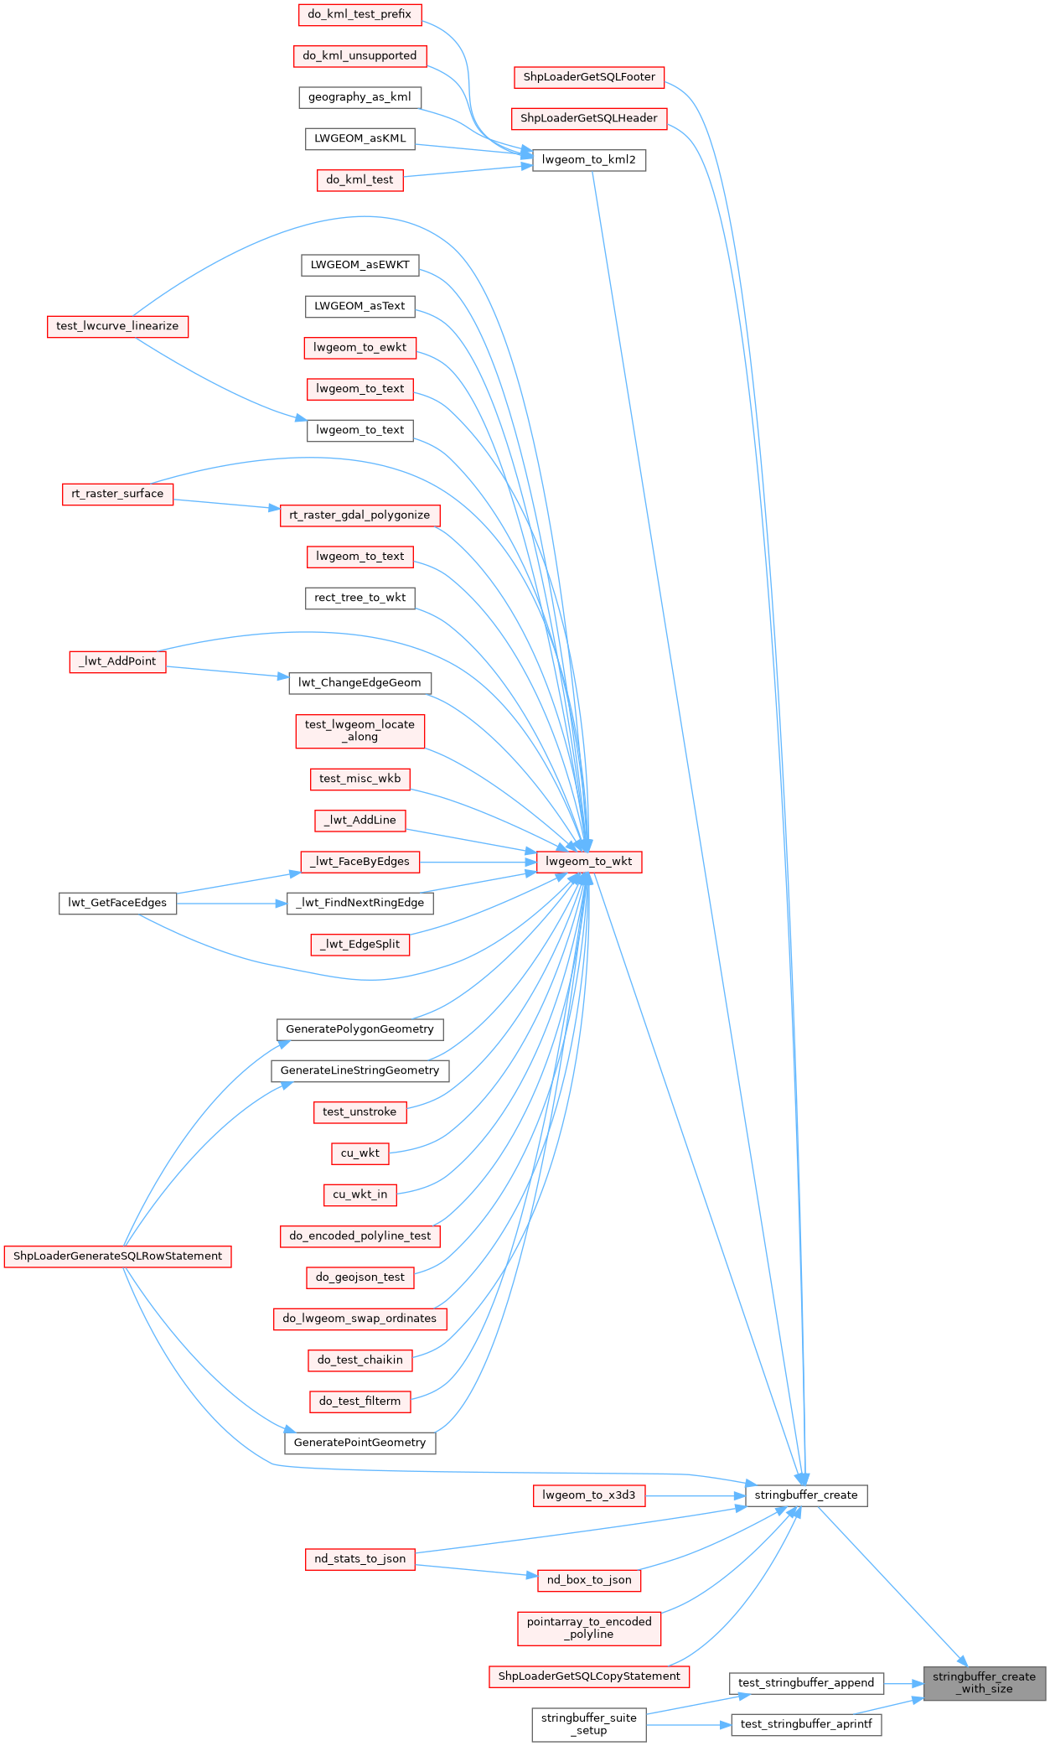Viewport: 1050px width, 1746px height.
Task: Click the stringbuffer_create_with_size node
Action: [984, 1682]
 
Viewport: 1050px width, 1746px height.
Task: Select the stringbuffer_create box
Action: [805, 1495]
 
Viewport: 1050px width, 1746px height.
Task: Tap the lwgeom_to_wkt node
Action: [588, 861]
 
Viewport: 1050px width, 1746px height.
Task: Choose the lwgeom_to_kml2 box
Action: [588, 159]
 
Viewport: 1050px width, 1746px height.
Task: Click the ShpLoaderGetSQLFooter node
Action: [589, 77]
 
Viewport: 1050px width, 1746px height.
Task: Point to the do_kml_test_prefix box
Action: [359, 14]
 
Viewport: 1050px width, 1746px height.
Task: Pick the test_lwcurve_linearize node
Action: [117, 326]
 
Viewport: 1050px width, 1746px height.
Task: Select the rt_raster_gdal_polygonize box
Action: [359, 515]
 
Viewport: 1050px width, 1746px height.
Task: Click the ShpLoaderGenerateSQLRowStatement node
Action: [117, 1256]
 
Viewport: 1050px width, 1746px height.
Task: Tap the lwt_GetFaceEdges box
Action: [117, 903]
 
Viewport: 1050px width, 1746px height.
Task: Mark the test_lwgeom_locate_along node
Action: [359, 730]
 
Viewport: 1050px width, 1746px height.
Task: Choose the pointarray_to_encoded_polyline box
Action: [588, 1628]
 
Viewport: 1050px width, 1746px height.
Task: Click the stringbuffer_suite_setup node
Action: [588, 1723]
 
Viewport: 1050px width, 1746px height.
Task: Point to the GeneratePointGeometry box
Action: [359, 1442]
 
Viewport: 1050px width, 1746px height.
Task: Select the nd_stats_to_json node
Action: [359, 1559]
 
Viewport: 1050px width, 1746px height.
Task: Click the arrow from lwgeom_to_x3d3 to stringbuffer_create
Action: [696, 1495]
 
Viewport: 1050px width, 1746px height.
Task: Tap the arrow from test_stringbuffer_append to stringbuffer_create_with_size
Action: [903, 1683]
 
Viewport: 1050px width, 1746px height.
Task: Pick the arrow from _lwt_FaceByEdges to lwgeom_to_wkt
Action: [478, 862]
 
